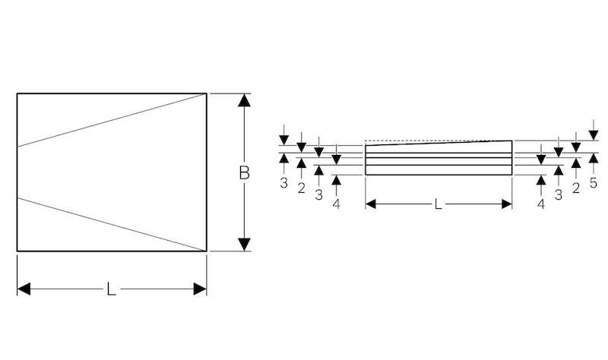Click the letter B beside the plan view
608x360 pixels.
tap(244, 173)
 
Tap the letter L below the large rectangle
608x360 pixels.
tap(111, 289)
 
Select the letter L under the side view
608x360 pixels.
tap(438, 204)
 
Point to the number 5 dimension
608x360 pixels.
tap(594, 183)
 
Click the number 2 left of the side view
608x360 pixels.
tap(301, 188)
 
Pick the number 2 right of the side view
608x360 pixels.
tap(576, 188)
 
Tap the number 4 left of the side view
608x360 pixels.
tap(336, 204)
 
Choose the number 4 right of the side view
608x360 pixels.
tap(541, 204)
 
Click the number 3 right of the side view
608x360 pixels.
tap(559, 194)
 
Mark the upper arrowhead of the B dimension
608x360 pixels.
tap(244, 100)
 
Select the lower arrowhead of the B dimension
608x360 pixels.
tap(244, 245)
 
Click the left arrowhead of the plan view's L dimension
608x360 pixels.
tap(24, 289)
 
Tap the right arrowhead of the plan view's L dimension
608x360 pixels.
tap(200, 289)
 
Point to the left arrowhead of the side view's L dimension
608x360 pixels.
tap(371, 204)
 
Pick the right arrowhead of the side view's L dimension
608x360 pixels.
tap(507, 204)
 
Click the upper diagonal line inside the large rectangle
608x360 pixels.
tap(112, 120)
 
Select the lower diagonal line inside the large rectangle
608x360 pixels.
tap(112, 225)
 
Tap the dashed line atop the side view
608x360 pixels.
tap(439, 141)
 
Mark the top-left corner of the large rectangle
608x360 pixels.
tap(17, 93)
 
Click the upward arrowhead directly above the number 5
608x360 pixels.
tap(594, 158)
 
